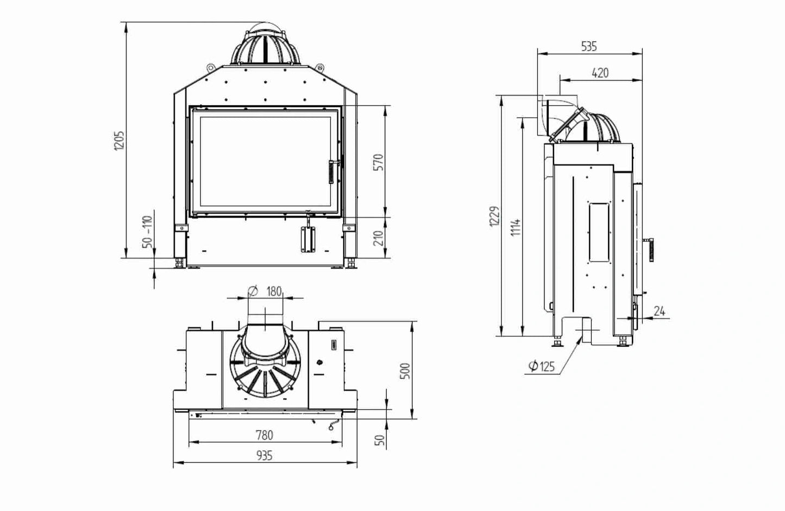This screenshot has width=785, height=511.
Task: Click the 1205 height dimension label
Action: tap(119, 140)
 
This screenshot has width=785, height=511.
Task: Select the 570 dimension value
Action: tap(379, 162)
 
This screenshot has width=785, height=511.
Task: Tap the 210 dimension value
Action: tap(379, 238)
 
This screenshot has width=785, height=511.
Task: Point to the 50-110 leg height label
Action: tap(148, 231)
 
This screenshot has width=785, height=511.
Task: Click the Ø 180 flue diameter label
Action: tap(265, 291)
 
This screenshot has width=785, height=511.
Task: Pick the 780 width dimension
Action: tap(265, 435)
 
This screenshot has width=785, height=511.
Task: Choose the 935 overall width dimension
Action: tap(265, 455)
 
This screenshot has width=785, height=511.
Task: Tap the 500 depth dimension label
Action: tap(405, 371)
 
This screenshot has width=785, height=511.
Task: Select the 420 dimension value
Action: tap(600, 73)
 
